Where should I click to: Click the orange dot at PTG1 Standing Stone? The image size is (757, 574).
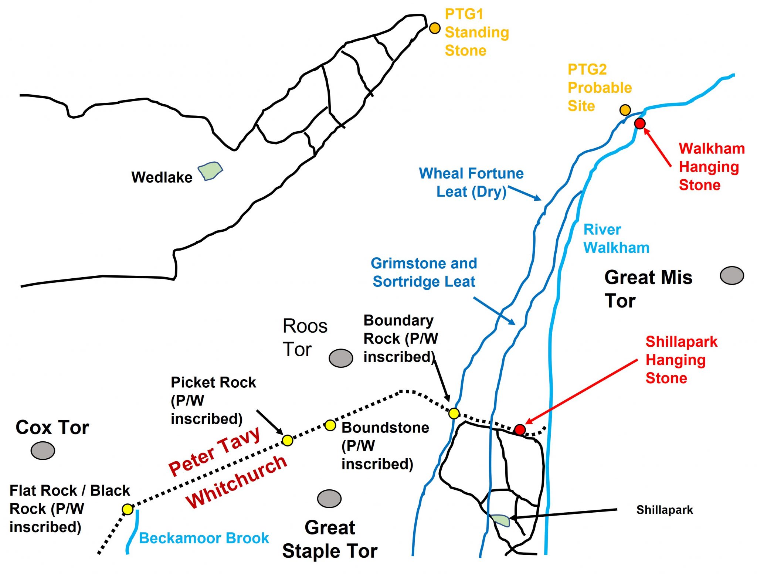(435, 28)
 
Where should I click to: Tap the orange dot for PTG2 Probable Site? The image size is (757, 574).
(625, 110)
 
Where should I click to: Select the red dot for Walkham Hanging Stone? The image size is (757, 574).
(640, 123)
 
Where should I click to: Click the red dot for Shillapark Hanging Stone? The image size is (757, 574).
(520, 429)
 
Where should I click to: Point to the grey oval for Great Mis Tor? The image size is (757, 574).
(732, 275)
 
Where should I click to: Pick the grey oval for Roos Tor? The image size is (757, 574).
(341, 358)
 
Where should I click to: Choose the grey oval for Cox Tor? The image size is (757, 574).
(43, 451)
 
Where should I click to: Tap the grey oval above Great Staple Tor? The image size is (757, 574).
(329, 499)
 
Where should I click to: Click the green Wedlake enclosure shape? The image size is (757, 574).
(210, 171)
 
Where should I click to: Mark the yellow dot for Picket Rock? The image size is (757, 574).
(287, 440)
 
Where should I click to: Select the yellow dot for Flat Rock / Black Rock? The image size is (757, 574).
(128, 509)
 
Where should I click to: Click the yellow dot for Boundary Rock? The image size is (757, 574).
(454, 413)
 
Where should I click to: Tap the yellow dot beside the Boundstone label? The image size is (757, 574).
(330, 425)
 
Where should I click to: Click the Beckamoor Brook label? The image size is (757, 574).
(204, 538)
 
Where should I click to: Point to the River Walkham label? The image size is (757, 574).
(616, 238)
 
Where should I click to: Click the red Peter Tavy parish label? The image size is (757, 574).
(215, 452)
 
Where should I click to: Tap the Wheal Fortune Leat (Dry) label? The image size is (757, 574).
(471, 182)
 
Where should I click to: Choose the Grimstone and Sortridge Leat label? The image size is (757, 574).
(424, 272)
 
